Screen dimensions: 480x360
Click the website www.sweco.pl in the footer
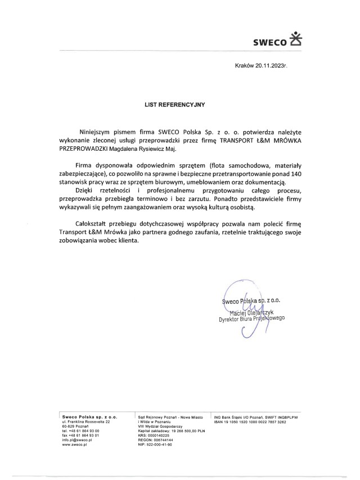[74, 445]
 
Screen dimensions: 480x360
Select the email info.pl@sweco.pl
[76, 440]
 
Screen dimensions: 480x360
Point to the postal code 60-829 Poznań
[75, 426]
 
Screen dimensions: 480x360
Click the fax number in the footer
[81, 436]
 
